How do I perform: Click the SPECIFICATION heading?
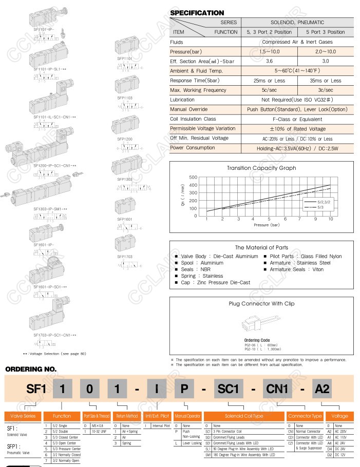tap(197, 13)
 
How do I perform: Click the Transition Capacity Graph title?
tap(261, 168)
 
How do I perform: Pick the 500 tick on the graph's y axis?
tap(193, 178)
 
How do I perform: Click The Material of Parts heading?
tap(261, 247)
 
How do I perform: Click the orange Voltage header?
tap(339, 416)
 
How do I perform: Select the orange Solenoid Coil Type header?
tap(243, 416)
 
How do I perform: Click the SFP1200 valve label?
tap(125, 139)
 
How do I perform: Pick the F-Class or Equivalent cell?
tap(297, 119)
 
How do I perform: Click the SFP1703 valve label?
tap(125, 256)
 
